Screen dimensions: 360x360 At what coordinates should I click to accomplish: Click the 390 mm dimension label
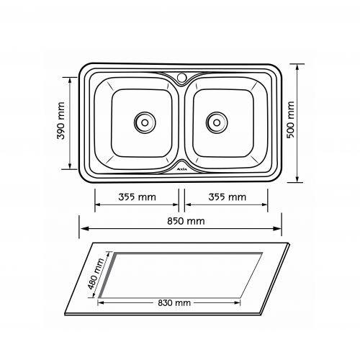(x=61, y=121)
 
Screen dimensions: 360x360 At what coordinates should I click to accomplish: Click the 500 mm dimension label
(x=290, y=120)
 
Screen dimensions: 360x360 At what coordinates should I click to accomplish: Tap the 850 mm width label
(x=186, y=221)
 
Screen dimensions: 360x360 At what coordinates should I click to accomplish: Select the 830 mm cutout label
(x=174, y=302)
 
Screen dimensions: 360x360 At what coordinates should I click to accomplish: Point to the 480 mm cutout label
(x=96, y=274)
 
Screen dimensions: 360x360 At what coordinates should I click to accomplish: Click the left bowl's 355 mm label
(x=137, y=197)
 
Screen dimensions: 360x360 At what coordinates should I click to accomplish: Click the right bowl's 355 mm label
(x=228, y=197)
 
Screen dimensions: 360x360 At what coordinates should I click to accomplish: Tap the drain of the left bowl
(x=145, y=122)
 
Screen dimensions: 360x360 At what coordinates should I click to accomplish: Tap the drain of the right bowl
(x=217, y=122)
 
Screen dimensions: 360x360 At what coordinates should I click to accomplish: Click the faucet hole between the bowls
(x=181, y=77)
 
